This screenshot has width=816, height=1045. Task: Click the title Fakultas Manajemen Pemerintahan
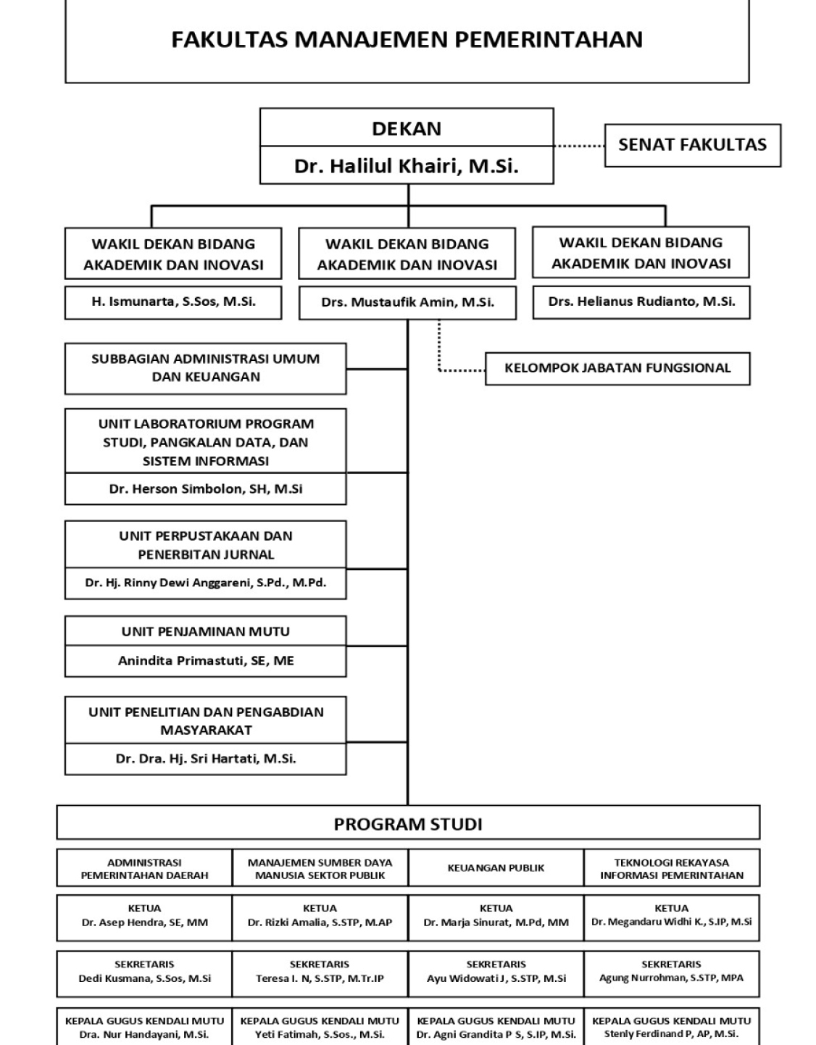click(407, 39)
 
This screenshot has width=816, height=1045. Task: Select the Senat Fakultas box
click(692, 145)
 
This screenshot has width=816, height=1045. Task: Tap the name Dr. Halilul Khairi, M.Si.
click(407, 167)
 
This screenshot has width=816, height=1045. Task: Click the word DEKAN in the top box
click(407, 128)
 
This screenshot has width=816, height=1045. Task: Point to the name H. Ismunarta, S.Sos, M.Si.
click(173, 302)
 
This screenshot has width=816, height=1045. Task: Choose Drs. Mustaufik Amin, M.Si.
click(407, 303)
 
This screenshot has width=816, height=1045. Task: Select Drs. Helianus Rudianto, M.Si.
click(641, 302)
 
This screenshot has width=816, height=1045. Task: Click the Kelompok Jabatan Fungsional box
click(617, 368)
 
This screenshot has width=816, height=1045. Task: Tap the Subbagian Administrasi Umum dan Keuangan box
click(205, 368)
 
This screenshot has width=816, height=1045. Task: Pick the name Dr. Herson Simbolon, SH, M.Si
click(205, 489)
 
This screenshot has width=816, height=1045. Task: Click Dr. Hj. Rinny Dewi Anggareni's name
click(205, 583)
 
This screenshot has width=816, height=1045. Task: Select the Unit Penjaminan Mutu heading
click(205, 632)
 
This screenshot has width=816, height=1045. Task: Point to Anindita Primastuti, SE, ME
click(205, 661)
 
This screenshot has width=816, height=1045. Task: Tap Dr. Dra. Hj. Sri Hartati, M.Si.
click(205, 759)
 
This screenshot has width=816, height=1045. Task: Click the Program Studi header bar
click(408, 824)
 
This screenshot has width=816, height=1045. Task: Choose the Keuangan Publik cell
click(496, 868)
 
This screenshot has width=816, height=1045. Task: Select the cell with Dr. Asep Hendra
click(144, 916)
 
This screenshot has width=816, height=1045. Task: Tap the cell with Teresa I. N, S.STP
click(320, 972)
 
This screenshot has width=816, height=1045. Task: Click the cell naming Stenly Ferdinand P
click(672, 1028)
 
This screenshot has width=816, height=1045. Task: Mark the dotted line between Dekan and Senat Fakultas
click(579, 146)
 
